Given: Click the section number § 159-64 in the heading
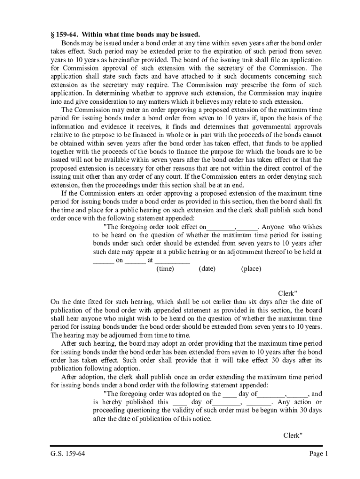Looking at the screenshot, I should (67, 35).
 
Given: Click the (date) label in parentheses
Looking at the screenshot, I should (207, 269).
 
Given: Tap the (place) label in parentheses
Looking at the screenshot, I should (251, 269).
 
